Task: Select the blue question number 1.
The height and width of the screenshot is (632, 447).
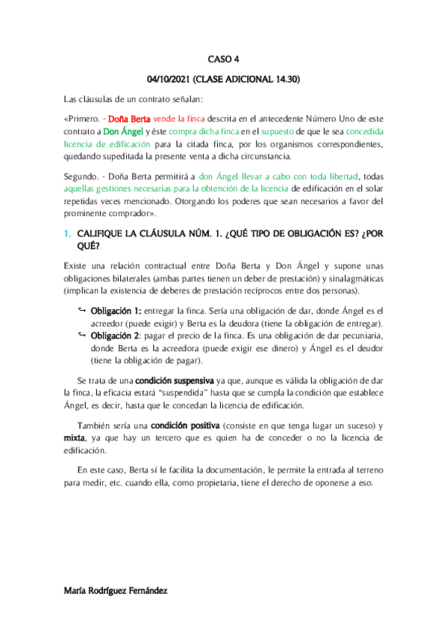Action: tap(67, 235)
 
